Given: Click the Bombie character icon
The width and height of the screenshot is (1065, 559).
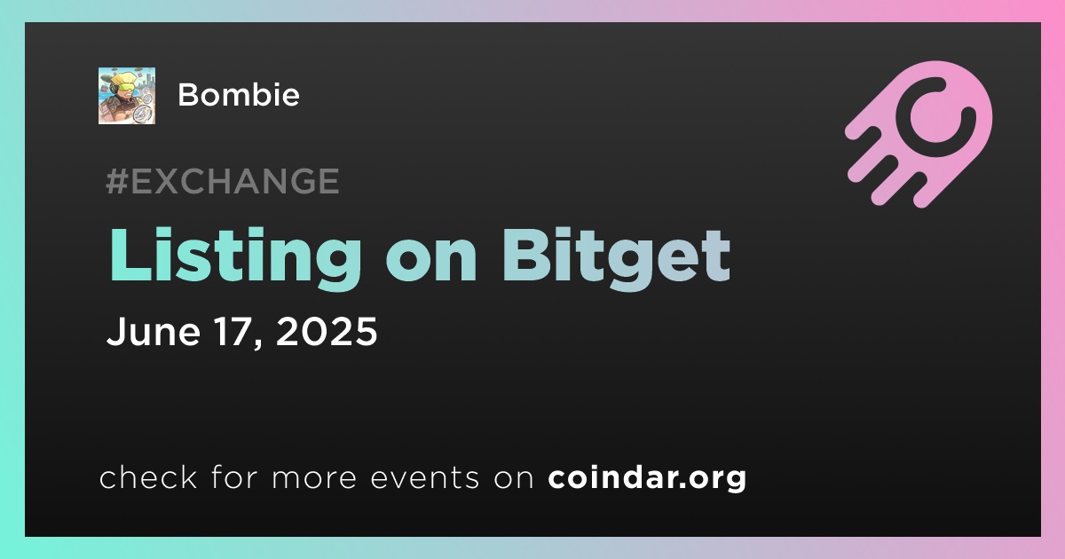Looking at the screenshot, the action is (127, 96).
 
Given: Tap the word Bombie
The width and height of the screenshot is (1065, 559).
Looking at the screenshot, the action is (239, 95).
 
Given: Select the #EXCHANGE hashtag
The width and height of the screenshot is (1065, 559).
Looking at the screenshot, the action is (223, 181).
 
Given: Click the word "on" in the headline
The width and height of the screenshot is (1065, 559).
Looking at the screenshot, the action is (431, 263).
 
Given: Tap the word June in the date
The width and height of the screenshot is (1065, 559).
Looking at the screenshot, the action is (154, 331).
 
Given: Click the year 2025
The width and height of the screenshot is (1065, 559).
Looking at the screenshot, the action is (327, 331).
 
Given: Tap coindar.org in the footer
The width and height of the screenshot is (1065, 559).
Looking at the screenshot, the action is (647, 477).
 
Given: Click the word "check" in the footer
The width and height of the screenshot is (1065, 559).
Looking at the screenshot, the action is (148, 476).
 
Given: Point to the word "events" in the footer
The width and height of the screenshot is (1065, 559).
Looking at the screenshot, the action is (424, 477).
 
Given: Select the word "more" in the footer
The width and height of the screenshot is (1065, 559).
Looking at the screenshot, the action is (314, 478).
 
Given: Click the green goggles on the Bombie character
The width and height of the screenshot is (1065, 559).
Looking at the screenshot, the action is (126, 88).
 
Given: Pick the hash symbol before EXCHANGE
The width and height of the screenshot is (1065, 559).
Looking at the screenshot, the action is (117, 181).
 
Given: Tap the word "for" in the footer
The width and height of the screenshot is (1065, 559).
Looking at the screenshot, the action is (234, 476).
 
